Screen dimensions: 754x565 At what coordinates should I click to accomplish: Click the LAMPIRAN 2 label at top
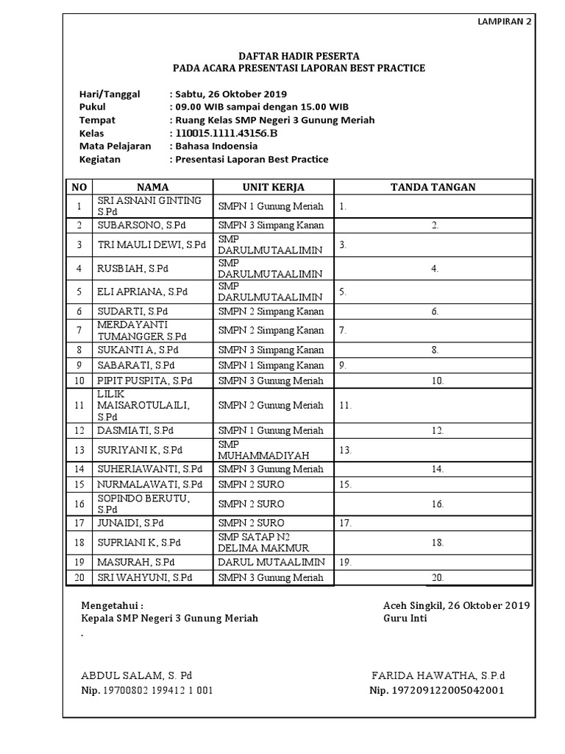[505, 22]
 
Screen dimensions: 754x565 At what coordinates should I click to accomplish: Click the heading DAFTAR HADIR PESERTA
[299, 56]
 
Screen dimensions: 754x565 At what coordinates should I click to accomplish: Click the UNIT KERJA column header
[273, 187]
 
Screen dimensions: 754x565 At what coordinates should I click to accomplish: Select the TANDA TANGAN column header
[433, 187]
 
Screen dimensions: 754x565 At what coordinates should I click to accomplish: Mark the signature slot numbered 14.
[438, 468]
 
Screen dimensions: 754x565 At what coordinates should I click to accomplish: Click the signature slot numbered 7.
[343, 331]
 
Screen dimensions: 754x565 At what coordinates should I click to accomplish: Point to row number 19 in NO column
[79, 561]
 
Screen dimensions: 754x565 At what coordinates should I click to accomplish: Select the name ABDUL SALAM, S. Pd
[136, 675]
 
